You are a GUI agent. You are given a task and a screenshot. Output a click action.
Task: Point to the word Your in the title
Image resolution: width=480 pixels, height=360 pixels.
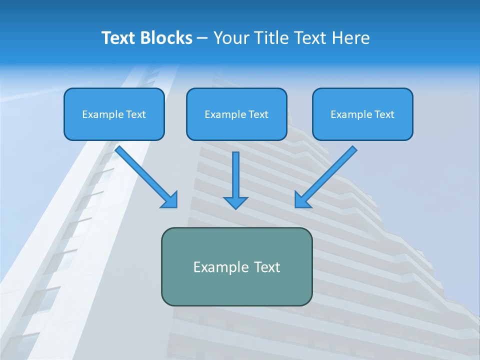point(231,38)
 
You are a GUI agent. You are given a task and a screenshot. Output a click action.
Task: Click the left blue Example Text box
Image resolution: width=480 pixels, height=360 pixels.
point(114,114)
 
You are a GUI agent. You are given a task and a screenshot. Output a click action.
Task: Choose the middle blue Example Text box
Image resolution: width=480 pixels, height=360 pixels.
point(236,114)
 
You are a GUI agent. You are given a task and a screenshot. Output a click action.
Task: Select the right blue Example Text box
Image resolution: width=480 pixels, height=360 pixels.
point(362,114)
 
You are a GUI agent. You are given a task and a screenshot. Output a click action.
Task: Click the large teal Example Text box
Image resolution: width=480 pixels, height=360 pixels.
point(236,266)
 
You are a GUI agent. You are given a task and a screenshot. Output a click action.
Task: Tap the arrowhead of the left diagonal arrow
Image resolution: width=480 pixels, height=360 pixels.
point(171,201)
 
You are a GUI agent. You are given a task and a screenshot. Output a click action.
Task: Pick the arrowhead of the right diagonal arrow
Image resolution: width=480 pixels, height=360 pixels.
point(301,201)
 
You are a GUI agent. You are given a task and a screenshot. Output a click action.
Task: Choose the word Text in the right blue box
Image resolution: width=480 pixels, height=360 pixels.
point(384,114)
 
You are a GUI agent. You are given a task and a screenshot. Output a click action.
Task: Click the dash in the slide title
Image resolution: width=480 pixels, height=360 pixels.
point(203,38)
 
